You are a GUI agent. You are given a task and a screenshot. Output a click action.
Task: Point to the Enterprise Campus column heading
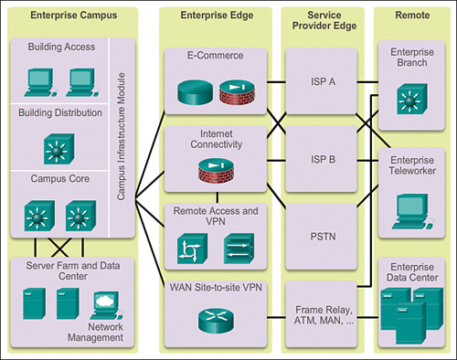tap(61, 16)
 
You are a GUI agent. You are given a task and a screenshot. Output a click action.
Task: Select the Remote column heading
tap(410, 16)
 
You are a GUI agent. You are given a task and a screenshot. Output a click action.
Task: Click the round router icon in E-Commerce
tap(195, 93)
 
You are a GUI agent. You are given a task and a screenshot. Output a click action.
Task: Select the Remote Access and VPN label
tap(217, 215)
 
